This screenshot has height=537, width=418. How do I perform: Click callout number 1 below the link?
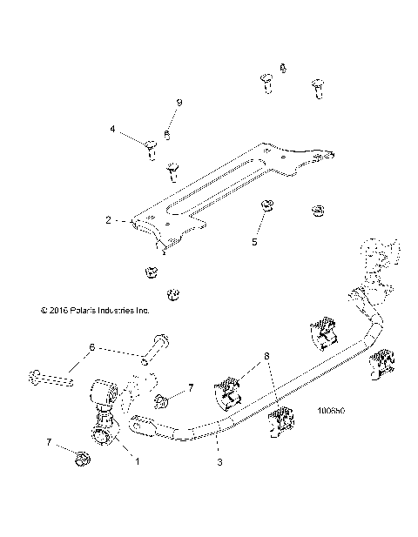point(137,461)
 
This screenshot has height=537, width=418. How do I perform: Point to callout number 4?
point(112,129)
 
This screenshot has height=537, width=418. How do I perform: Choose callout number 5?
point(255,242)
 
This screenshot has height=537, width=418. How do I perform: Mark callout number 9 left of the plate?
point(179,103)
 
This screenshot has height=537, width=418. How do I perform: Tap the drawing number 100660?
point(331,409)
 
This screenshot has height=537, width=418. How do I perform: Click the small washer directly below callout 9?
point(167,134)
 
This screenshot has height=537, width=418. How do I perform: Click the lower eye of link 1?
point(102,434)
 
